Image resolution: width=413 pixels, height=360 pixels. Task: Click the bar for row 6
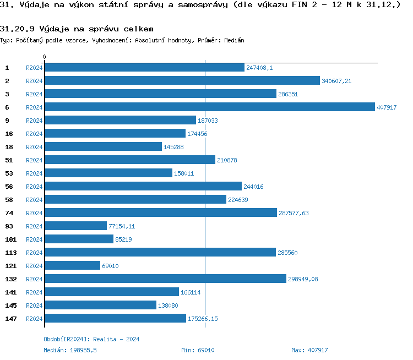(x=209, y=107)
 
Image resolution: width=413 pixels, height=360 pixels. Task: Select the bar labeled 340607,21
(x=182, y=80)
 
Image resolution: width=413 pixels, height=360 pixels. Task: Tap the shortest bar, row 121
(x=72, y=265)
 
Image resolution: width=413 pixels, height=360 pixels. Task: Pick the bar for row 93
(x=75, y=226)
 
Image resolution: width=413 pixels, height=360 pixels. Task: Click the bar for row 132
(x=165, y=279)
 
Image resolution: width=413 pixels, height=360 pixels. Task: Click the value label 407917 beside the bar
(x=387, y=107)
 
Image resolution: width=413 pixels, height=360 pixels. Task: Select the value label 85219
(x=123, y=239)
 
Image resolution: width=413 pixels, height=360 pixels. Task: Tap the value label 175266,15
(x=203, y=319)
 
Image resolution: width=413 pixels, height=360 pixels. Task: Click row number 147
(x=10, y=318)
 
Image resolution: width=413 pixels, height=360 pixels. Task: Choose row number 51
(x=9, y=160)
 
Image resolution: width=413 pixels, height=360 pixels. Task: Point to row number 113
(x=10, y=252)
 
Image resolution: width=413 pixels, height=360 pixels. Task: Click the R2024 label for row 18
(x=34, y=147)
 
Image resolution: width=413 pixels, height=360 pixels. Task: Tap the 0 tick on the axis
(x=45, y=57)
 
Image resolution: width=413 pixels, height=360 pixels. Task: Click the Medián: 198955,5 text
(x=70, y=350)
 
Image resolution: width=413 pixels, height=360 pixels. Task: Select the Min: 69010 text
(x=198, y=350)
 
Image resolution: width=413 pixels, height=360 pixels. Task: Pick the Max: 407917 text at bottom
(x=309, y=350)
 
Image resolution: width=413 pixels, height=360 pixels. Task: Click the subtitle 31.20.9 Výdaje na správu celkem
(x=77, y=28)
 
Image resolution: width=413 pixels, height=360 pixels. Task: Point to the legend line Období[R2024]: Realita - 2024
(x=91, y=339)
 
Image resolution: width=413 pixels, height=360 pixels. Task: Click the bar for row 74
(x=160, y=212)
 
